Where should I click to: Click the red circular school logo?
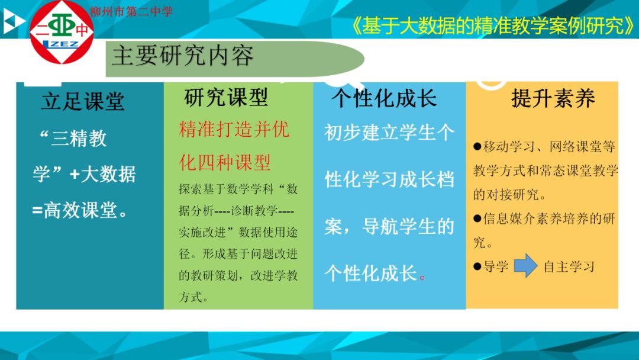pos(62,32)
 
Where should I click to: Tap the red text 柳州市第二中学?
pos(131,11)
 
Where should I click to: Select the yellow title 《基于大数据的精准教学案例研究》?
pos(492,26)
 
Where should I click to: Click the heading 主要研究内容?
pos(183,56)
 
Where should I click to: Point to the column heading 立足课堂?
pos(83,101)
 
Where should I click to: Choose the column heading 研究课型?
pos(226,98)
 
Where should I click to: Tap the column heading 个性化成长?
pos(384,98)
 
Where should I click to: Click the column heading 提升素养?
pos(553,98)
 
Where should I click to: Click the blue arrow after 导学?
pos(526,266)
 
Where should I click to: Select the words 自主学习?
pos(569,267)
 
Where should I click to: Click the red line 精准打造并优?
pos(234,130)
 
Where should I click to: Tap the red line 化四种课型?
pos(225,162)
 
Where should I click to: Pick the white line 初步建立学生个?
pos(389,133)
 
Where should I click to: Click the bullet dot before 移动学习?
pos(477,146)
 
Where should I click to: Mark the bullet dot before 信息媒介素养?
pos(477,218)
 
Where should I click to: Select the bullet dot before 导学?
pos(477,266)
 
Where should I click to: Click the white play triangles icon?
pos(13,21)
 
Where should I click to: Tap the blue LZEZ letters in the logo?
pos(61,44)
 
